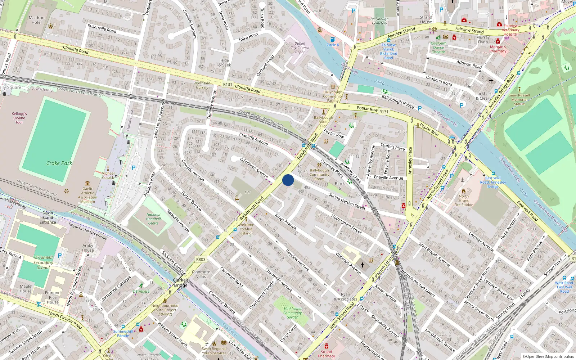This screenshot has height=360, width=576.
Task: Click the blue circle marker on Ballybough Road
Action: [x=288, y=180]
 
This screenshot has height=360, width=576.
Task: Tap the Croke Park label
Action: [x=59, y=163]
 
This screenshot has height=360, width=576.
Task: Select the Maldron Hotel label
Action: [x=37, y=20]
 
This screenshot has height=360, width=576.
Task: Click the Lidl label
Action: [x=248, y=192]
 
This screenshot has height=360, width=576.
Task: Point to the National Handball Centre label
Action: [x=153, y=219]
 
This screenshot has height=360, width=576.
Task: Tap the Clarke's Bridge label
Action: [x=181, y=283]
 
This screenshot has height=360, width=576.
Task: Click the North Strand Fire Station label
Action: [x=464, y=201]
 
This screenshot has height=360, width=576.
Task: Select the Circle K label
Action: [x=333, y=45]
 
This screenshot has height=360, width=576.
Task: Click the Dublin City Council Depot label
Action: [x=300, y=48]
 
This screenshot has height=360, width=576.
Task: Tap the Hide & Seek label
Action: [x=225, y=63]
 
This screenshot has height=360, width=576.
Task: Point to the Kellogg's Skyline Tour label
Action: [x=19, y=118]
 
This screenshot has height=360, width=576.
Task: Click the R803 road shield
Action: [x=201, y=259]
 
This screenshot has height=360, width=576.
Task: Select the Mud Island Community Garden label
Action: [x=292, y=313]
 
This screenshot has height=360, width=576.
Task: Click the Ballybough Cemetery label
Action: [x=379, y=21]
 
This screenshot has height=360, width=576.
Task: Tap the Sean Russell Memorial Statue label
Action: [x=519, y=99]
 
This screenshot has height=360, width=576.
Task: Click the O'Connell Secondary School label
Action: [x=43, y=262]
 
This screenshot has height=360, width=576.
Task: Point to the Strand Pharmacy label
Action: [x=327, y=354]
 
